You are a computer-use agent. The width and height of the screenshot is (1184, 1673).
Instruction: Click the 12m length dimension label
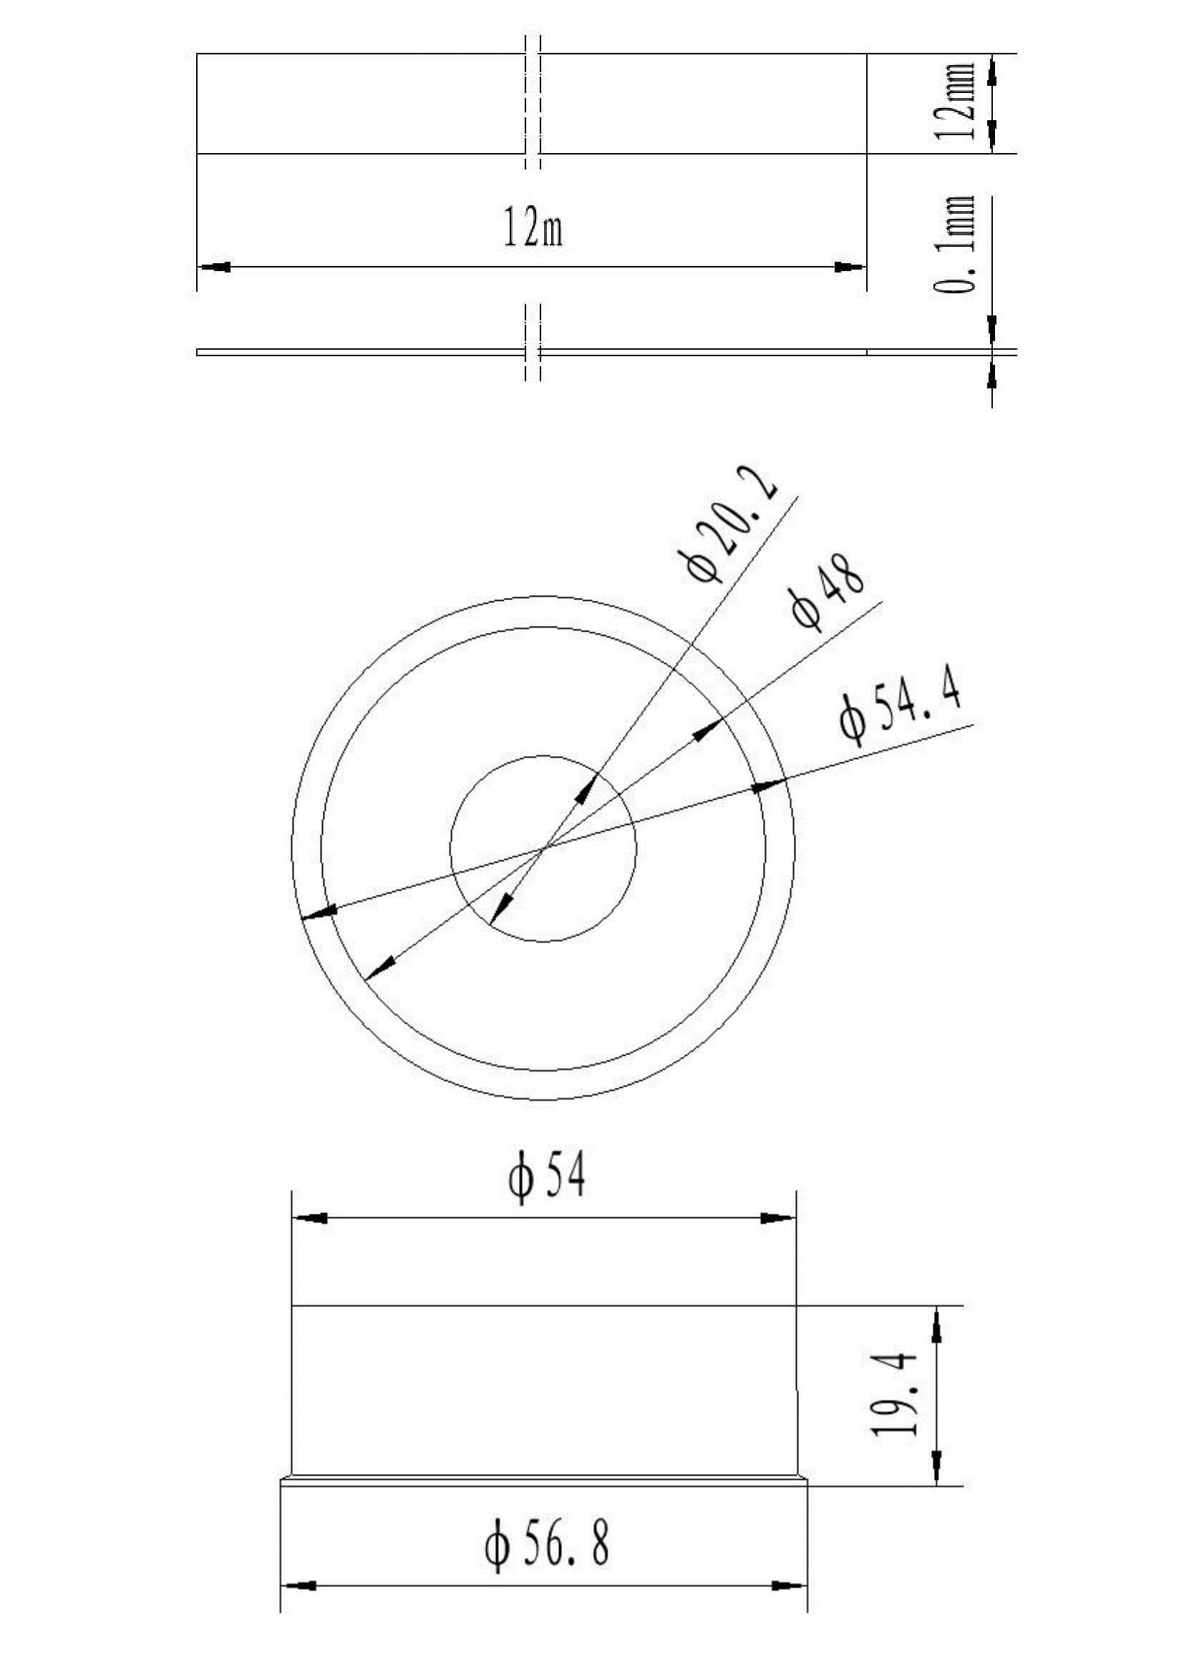pos(533,227)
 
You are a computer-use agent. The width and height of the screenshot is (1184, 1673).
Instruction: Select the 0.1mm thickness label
pos(954,245)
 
